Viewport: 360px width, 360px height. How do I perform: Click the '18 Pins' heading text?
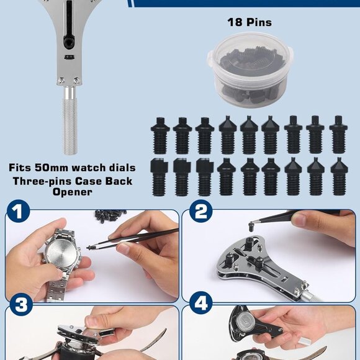click(x=249, y=22)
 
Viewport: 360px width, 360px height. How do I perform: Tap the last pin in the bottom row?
click(x=338, y=176)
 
